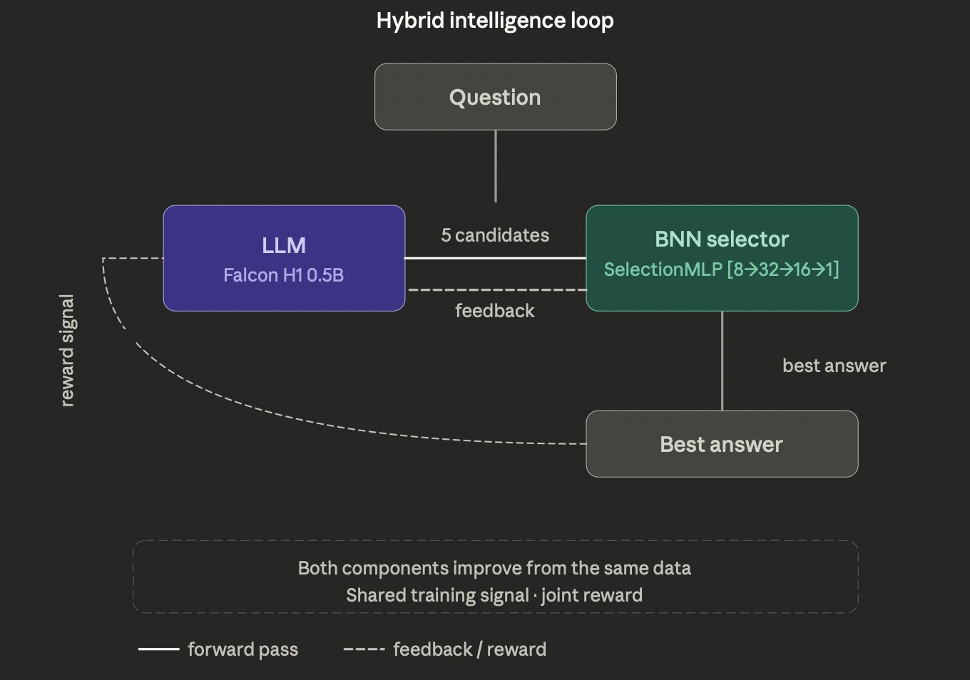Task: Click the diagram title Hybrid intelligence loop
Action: tap(495, 21)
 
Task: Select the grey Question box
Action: tap(496, 96)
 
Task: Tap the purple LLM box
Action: tap(284, 258)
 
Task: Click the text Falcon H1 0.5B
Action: tap(284, 275)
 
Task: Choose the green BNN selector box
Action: tap(722, 258)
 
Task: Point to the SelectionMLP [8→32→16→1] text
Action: tap(722, 269)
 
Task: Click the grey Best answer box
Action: tap(722, 443)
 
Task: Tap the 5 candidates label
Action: tap(495, 235)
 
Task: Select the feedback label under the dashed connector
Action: tap(495, 311)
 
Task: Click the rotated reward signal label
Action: tap(67, 351)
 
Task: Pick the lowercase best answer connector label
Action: tap(834, 366)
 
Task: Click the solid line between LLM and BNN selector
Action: tap(496, 258)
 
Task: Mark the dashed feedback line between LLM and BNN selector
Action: tap(497, 289)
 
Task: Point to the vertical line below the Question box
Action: tap(496, 166)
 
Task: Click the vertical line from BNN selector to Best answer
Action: tap(722, 361)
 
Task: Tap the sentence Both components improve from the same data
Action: tap(494, 568)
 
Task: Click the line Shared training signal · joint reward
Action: tap(494, 595)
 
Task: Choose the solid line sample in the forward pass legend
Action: tap(158, 649)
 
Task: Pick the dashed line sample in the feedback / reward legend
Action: tap(364, 649)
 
